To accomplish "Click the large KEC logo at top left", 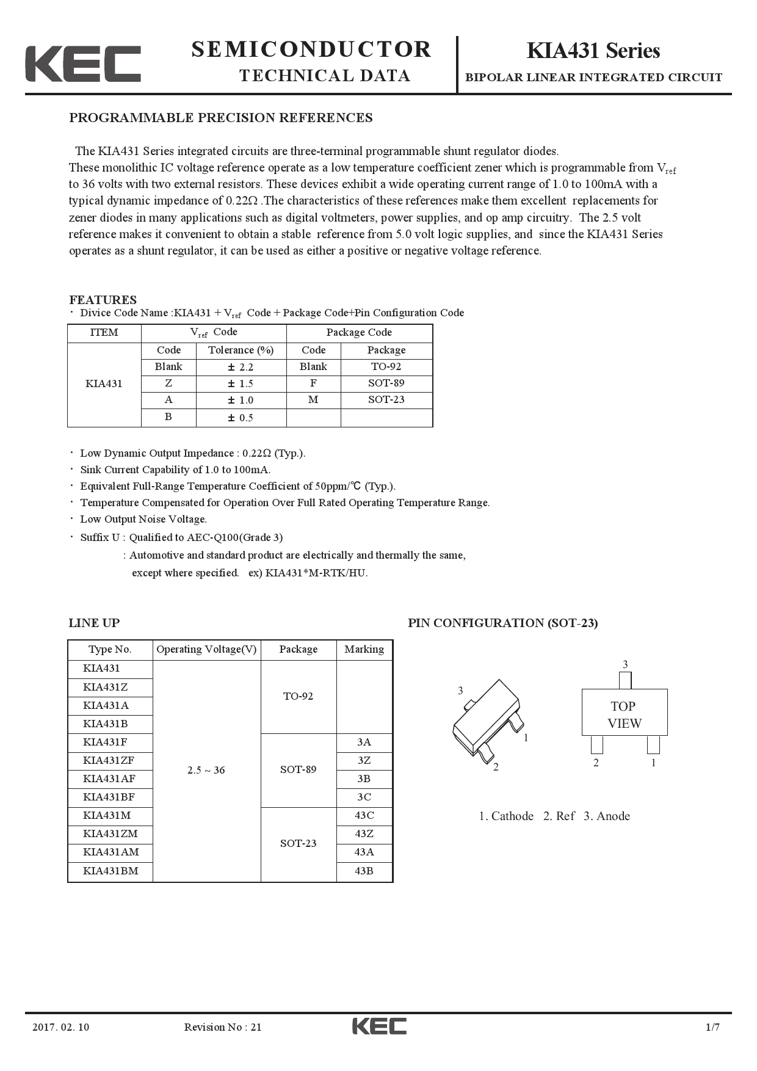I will point(83,64).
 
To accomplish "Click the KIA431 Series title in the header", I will point(593,51).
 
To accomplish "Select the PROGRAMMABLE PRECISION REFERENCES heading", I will point(220,118).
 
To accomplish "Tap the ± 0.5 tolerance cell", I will point(241,418).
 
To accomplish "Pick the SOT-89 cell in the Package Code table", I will point(386,383).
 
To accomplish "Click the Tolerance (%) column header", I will point(241,350).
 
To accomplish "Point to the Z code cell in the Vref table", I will point(168,383).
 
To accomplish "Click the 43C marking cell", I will point(364,816).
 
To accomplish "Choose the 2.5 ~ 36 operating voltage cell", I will point(206,771).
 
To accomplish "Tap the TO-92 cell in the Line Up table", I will point(298,697).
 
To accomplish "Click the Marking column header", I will point(364,650).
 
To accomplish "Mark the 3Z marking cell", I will point(364,761).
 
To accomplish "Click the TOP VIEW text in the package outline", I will point(624,715).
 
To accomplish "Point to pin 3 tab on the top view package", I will point(625,680).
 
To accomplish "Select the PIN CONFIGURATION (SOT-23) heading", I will point(502,623).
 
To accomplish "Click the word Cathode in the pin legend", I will point(512,816).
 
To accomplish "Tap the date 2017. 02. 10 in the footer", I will point(60,1027).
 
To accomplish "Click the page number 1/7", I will point(712,1027).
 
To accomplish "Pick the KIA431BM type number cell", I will point(110,871).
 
